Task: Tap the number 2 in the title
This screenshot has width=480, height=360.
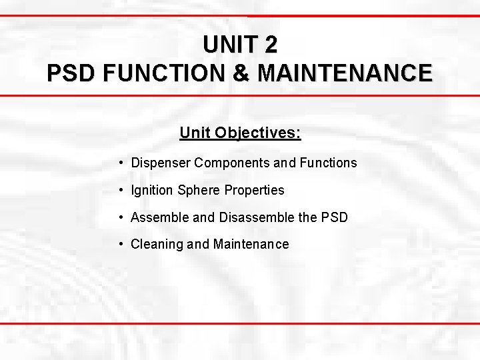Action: click(x=270, y=45)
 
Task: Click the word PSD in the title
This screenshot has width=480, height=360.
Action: click(x=70, y=73)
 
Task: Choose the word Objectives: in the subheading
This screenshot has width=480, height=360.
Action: click(x=258, y=133)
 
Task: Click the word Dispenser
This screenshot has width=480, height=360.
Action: click(x=161, y=163)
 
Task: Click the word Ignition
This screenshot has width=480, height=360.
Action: click(x=152, y=190)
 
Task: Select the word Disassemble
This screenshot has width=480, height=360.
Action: click(x=249, y=217)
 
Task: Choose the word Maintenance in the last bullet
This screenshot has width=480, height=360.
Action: click(x=251, y=244)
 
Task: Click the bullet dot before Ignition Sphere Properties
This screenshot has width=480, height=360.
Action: click(x=120, y=190)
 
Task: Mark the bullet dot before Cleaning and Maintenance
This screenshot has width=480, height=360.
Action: click(x=120, y=244)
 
